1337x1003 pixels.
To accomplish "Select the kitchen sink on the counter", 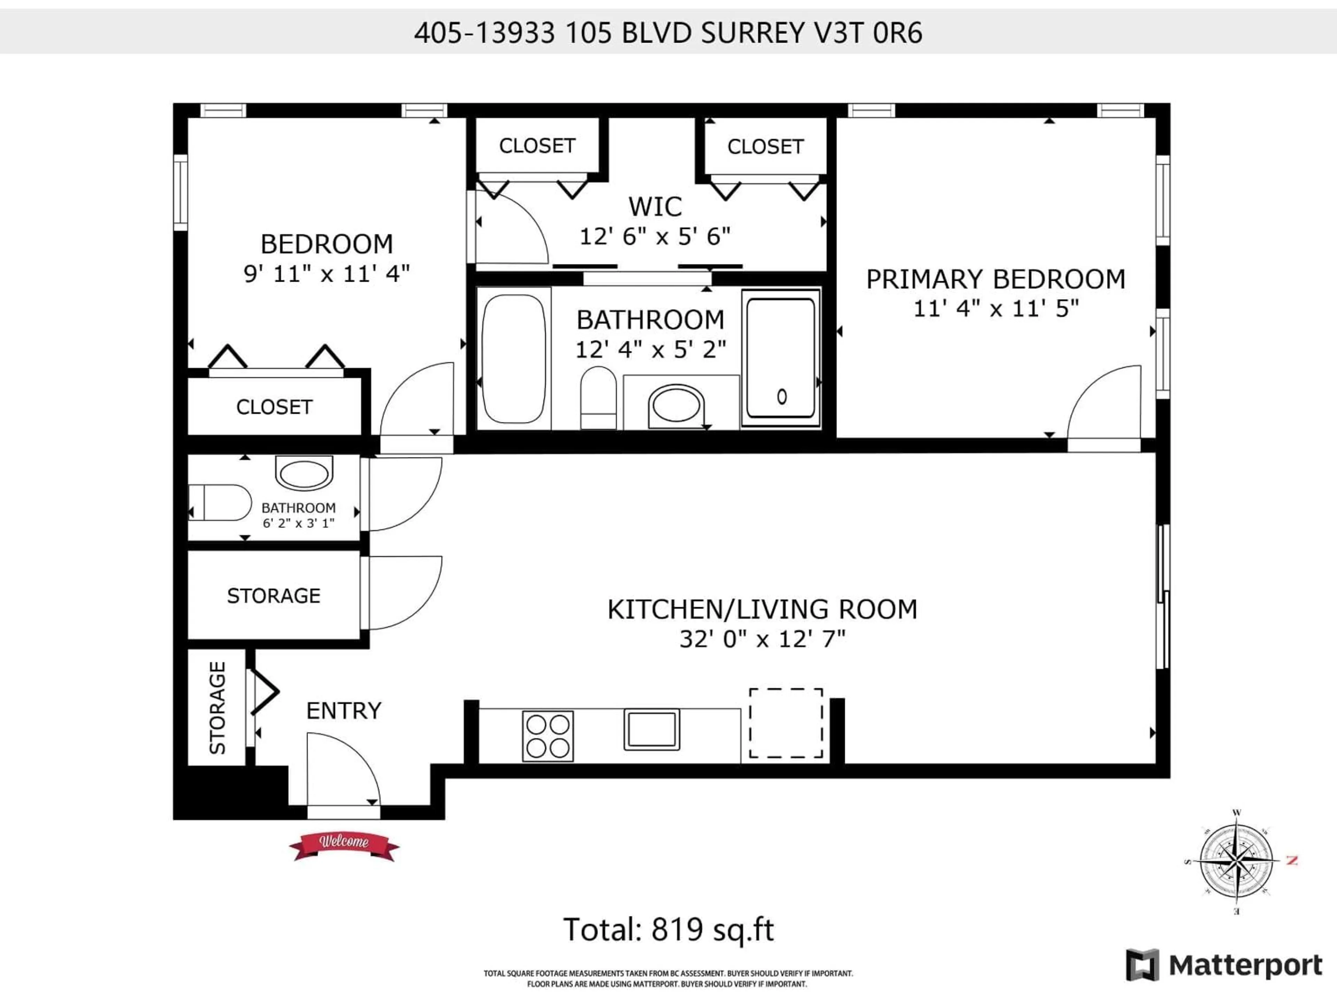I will (651, 729).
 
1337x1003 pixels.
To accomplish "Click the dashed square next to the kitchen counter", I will (786, 723).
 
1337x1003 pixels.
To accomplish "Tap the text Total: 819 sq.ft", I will (668, 930).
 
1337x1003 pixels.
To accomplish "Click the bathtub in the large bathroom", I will (514, 358).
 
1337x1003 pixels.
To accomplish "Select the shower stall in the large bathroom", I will (780, 358).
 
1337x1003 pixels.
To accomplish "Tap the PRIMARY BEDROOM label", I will (995, 279).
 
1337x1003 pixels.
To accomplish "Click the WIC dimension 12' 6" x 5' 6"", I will (655, 236).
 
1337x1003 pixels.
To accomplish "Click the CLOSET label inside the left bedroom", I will (274, 407).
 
